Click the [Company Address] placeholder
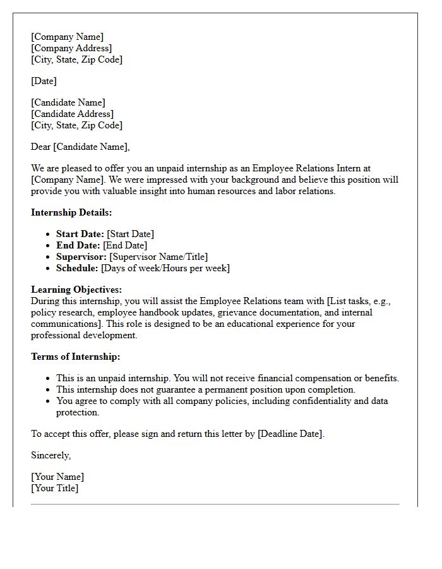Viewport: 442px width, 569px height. tap(71, 48)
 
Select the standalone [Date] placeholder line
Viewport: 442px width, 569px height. tap(44, 81)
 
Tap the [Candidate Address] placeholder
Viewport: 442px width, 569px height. tap(73, 114)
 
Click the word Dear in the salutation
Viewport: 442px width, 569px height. tap(41, 147)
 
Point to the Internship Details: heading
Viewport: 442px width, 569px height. tap(71, 212)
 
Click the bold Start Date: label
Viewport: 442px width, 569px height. tap(80, 234)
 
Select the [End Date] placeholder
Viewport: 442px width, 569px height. tap(125, 245)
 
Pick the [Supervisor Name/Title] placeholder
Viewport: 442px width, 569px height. tap(158, 257)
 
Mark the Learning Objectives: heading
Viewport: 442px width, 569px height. tap(76, 290)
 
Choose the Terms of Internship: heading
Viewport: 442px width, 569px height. tap(75, 357)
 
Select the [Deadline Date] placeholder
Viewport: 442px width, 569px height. tap(290, 434)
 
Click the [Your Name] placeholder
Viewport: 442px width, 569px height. tap(57, 477)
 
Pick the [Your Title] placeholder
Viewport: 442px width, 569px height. tap(55, 488)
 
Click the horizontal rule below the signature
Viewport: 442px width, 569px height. tap(215, 505)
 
